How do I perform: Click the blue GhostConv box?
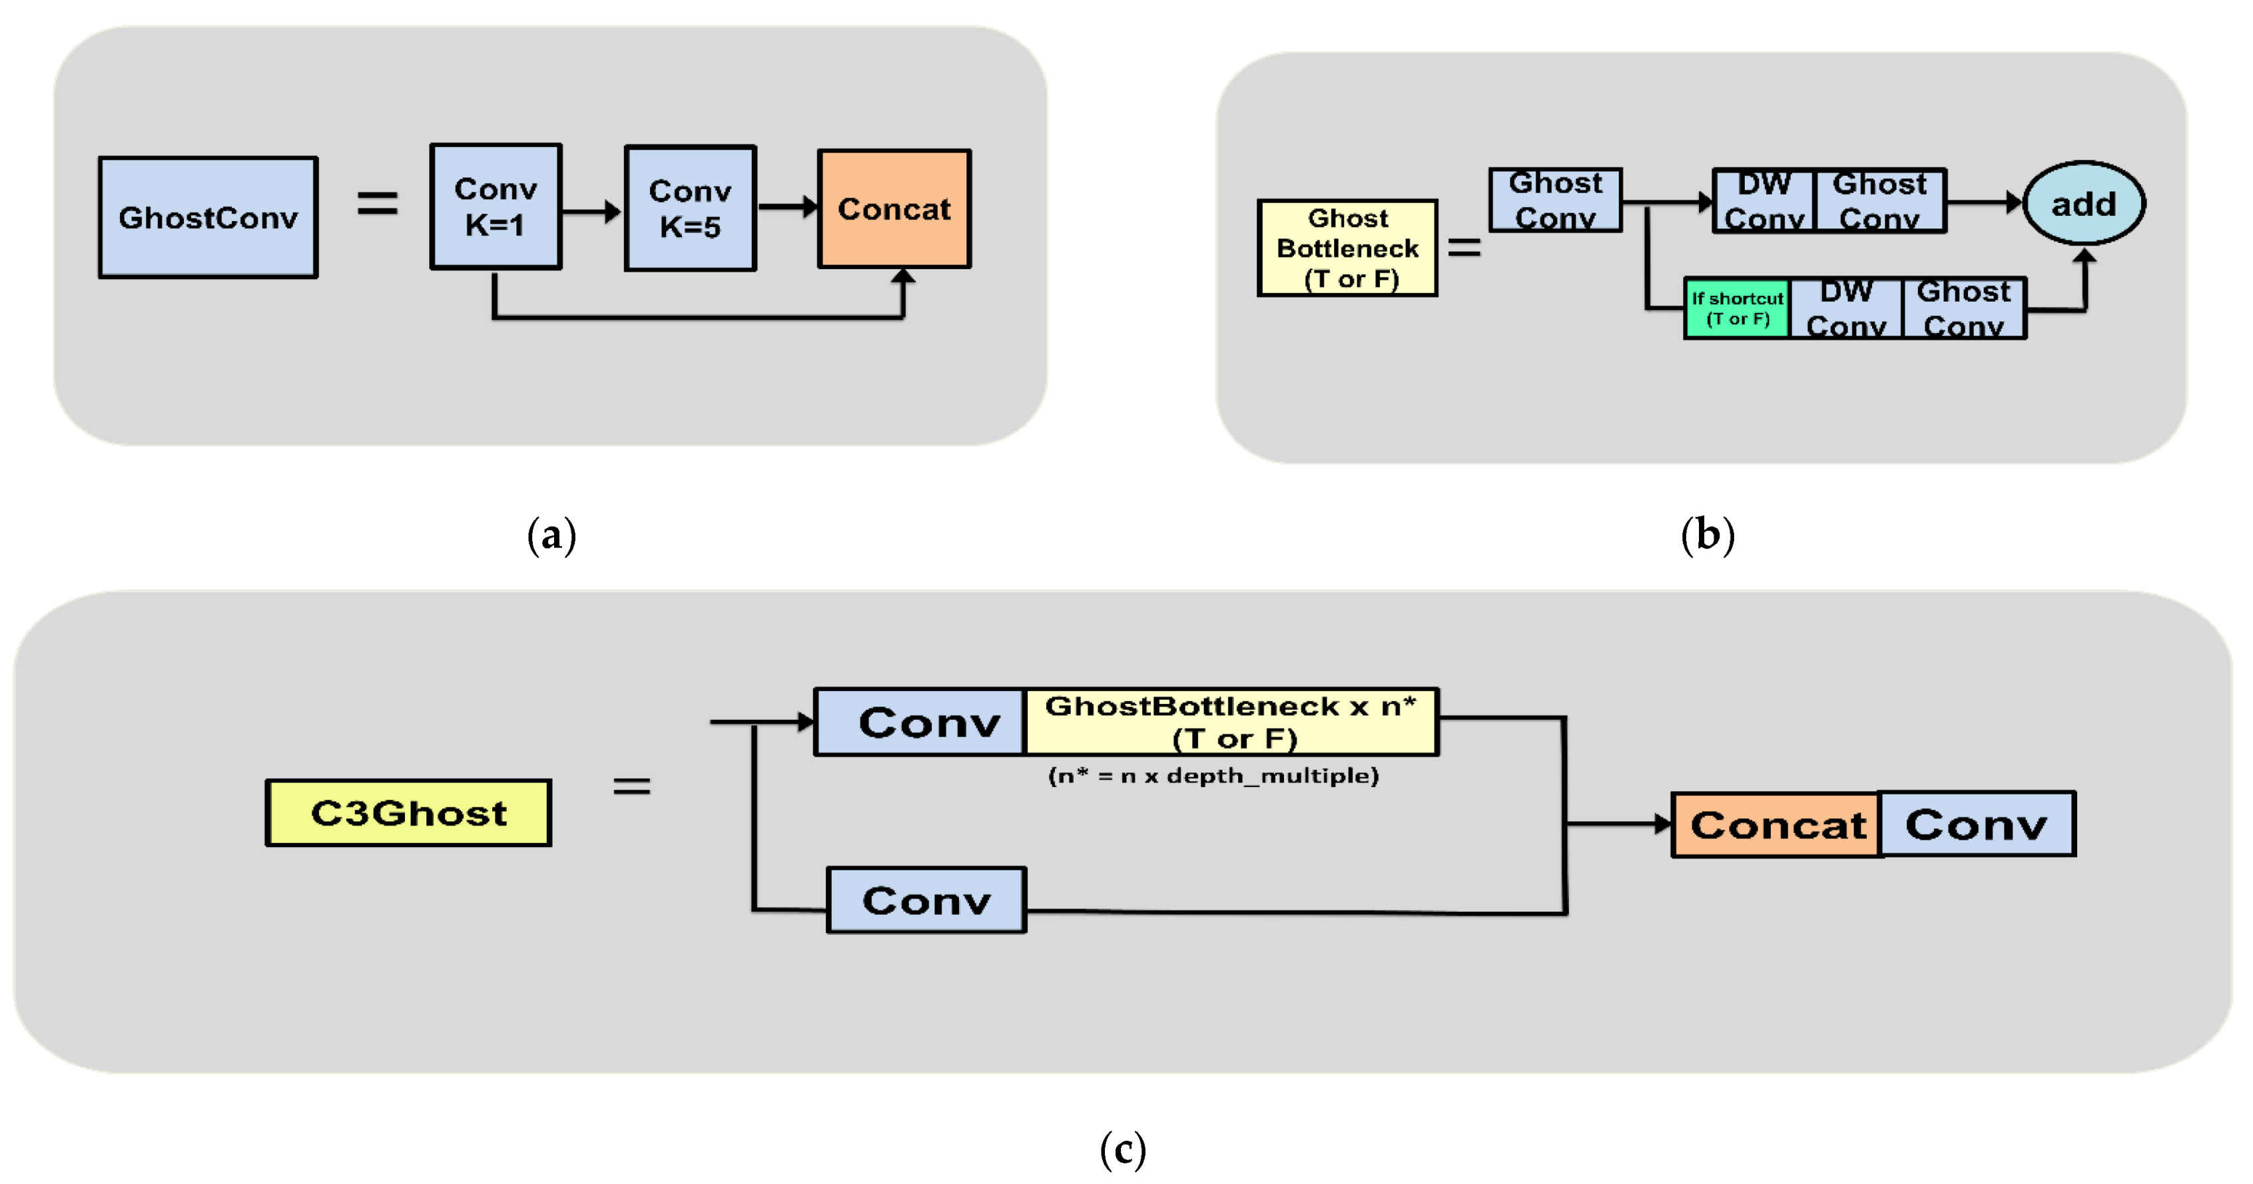208,218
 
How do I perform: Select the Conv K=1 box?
495,207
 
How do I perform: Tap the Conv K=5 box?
690,209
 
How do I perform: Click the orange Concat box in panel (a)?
894,209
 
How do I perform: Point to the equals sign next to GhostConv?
377,204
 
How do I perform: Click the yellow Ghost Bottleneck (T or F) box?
1347,248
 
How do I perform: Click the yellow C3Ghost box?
408,813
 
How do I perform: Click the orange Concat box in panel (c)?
1776,824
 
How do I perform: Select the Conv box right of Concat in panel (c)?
1977,824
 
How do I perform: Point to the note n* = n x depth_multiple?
1213,776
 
